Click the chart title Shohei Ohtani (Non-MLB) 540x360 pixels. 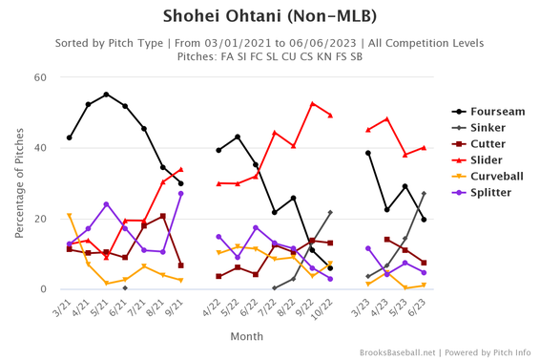[x=270, y=16]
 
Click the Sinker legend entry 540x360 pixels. [x=480, y=128]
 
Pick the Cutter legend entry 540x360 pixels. [x=480, y=144]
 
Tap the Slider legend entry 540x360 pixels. [x=479, y=160]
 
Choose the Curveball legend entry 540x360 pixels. [x=487, y=177]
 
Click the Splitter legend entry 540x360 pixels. [x=482, y=193]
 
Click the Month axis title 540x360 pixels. [x=247, y=336]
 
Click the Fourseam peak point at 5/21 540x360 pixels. [x=106, y=95]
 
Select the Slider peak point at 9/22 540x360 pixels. [x=312, y=104]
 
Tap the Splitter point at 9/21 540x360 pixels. [x=180, y=193]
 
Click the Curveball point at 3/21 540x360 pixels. [x=69, y=215]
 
